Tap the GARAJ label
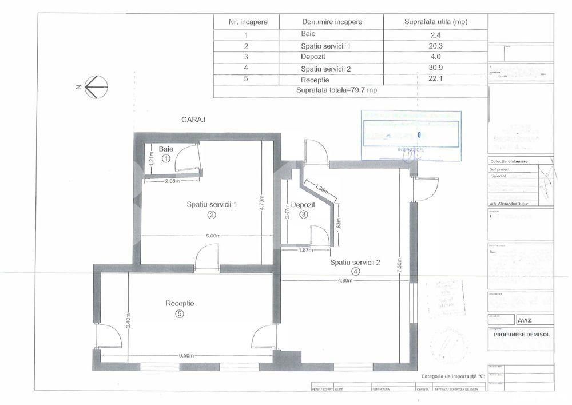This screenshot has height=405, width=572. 193,120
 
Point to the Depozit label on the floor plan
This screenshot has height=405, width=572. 303,204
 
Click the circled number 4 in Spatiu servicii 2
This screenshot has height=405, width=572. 356,272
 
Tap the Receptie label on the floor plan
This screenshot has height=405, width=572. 180,303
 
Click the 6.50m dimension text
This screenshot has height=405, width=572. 187,355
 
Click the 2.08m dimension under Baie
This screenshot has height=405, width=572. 172,182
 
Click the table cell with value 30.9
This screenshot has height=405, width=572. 435,69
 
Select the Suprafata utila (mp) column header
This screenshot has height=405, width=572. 435,22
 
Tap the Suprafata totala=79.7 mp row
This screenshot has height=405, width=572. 337,90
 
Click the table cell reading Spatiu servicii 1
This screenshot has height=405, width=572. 325,46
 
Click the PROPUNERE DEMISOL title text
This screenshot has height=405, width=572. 521,335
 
